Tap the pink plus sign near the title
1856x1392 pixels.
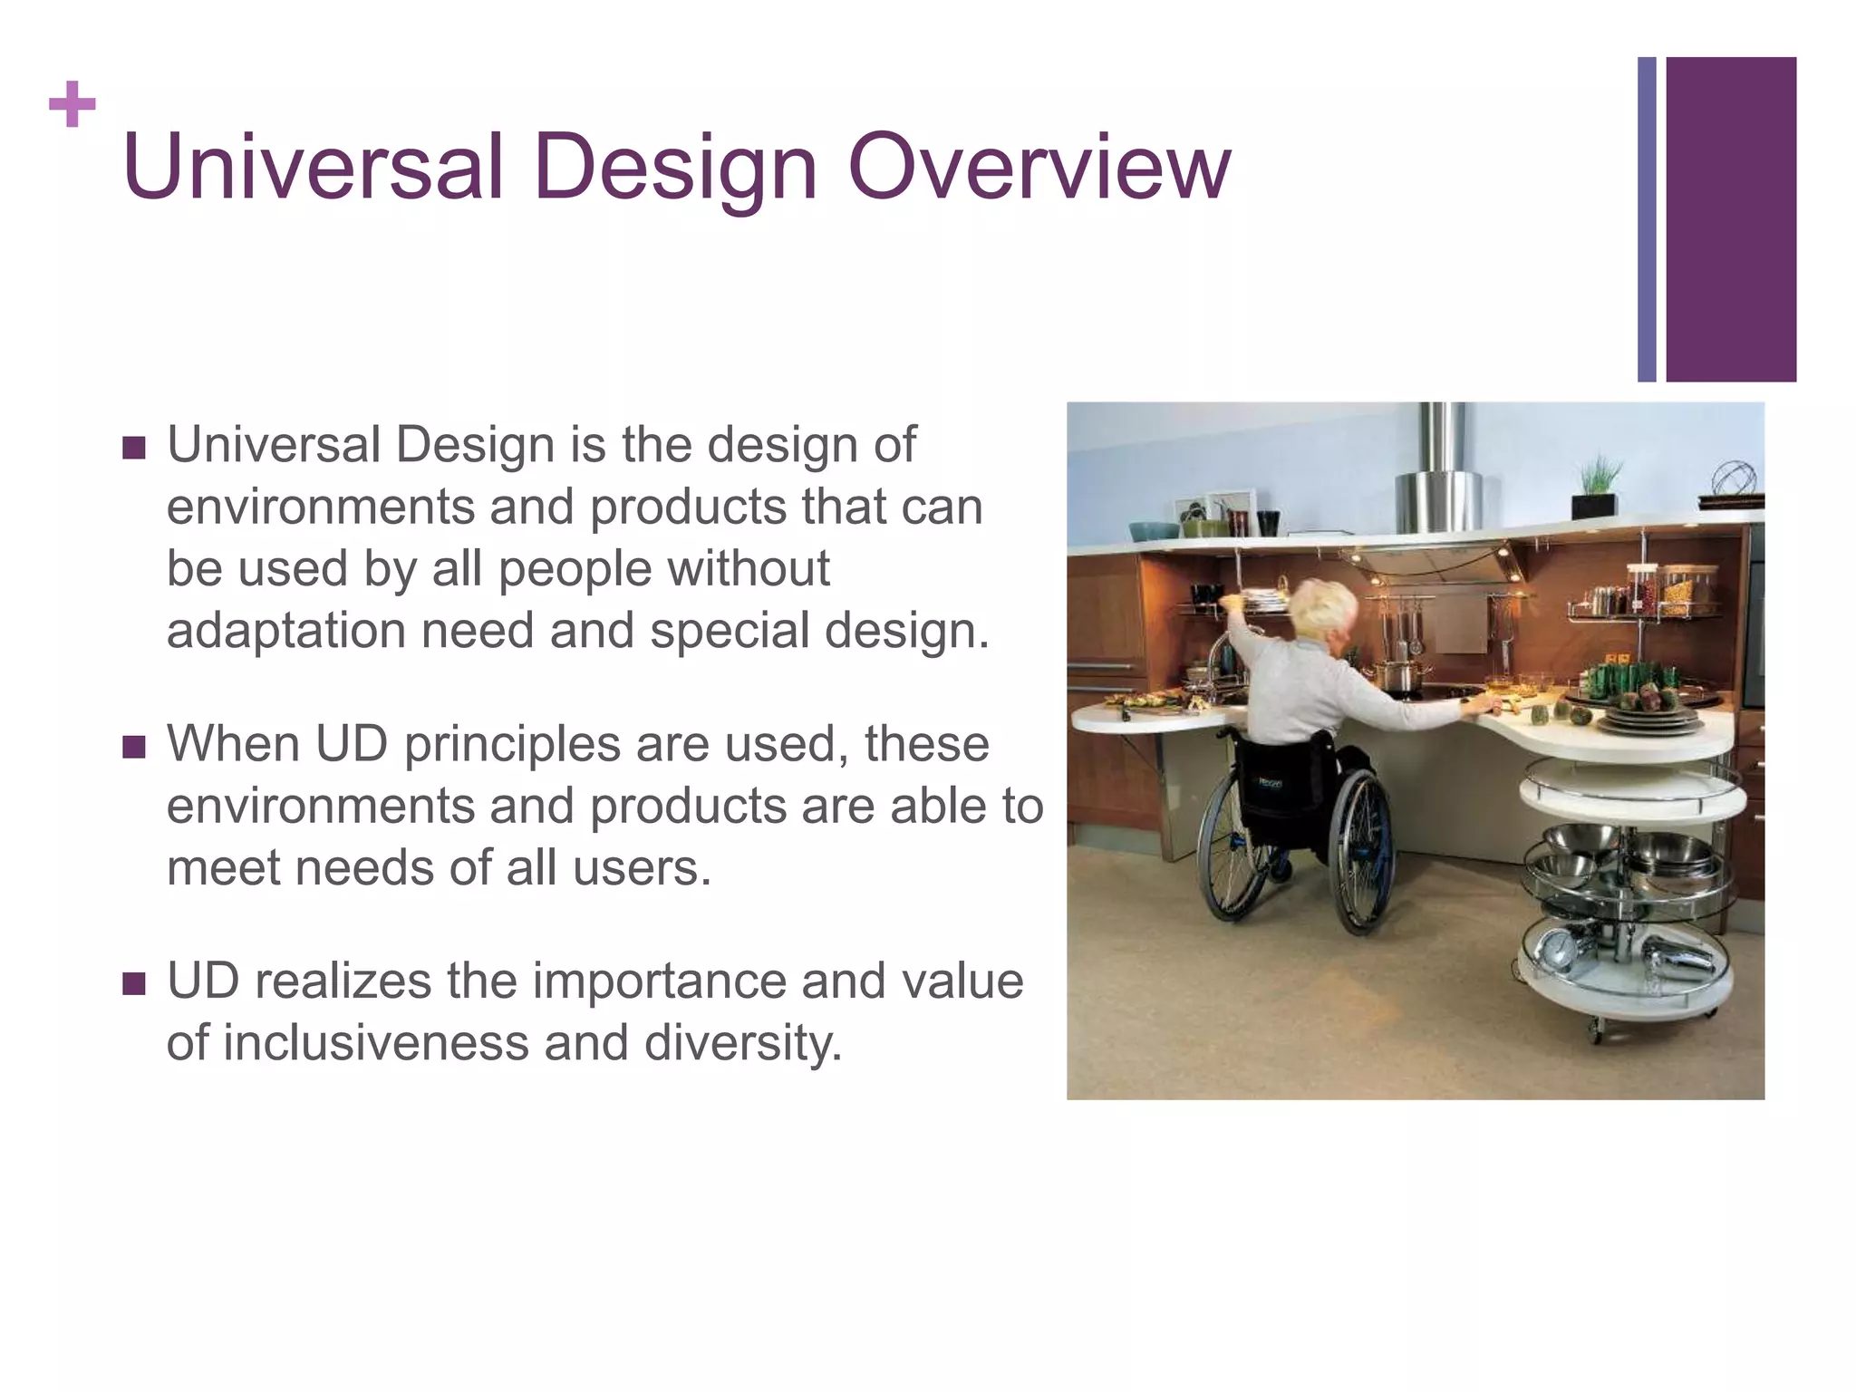pos(72,104)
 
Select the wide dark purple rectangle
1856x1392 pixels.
pos(1730,219)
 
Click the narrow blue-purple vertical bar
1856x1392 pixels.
pos(1647,219)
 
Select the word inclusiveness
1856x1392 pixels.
pos(374,1042)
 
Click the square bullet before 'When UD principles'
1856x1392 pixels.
pos(134,747)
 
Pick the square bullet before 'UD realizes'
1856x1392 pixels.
pos(134,983)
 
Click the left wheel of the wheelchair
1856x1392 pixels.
pos(1232,843)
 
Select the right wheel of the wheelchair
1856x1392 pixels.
pos(1361,852)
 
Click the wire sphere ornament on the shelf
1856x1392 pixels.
pos(1733,478)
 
